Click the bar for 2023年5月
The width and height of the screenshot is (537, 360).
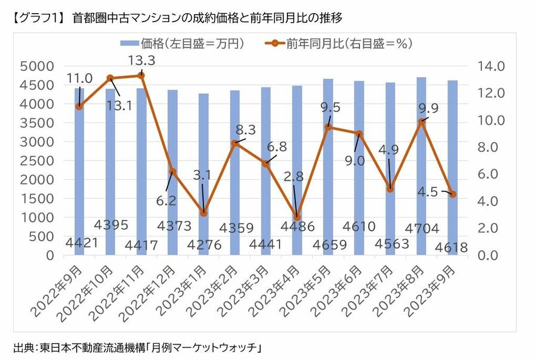point(328,167)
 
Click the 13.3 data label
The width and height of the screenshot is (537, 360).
point(141,60)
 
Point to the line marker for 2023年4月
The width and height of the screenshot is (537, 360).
point(297,217)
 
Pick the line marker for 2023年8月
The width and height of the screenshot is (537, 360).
point(421,121)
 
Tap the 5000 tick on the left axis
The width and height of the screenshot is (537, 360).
point(39,66)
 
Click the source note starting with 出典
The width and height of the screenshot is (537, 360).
point(137,347)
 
